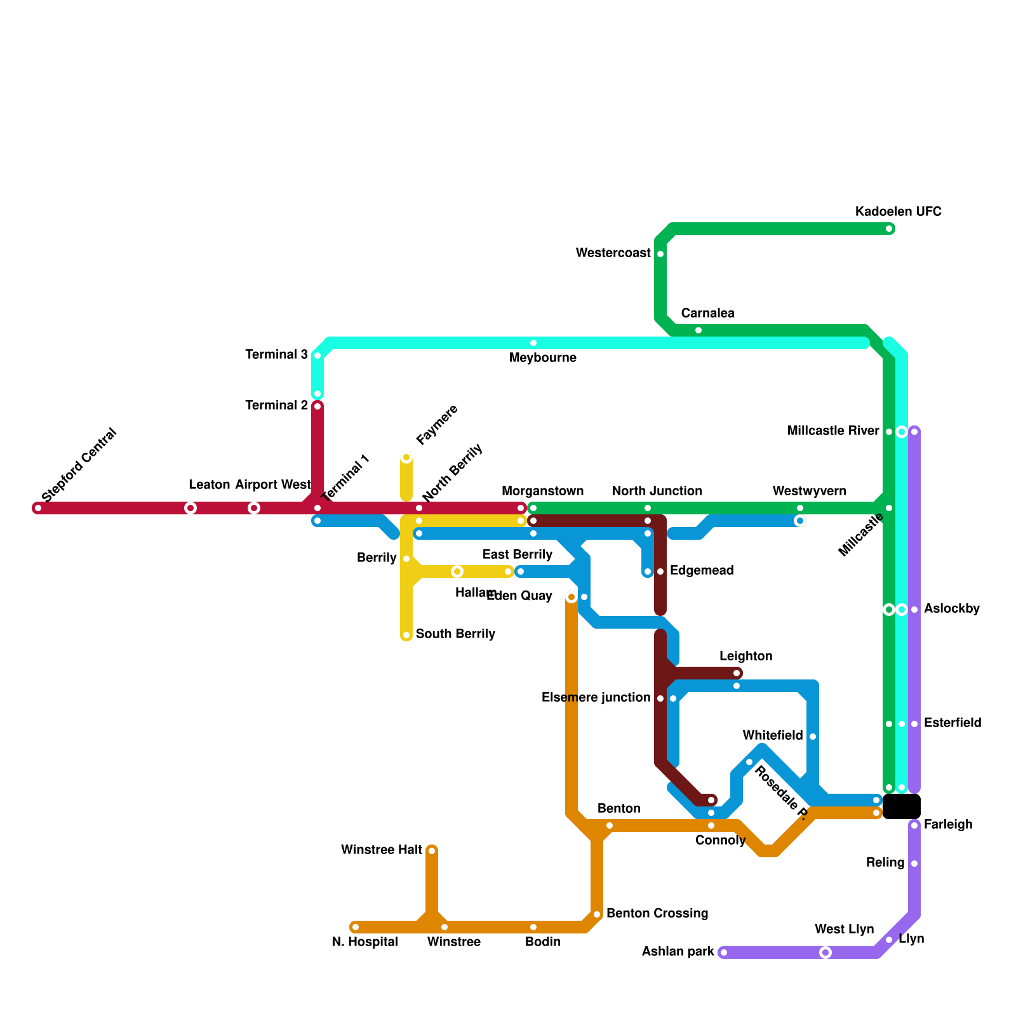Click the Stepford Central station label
click(x=79, y=465)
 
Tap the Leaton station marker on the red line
click(x=190, y=508)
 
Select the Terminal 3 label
click(x=276, y=354)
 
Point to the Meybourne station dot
click(x=533, y=343)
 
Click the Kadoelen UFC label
click(x=898, y=211)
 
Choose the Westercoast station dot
click(x=660, y=254)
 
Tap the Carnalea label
click(x=707, y=313)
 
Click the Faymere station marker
click(x=406, y=457)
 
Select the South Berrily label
click(x=455, y=634)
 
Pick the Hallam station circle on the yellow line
click(x=457, y=571)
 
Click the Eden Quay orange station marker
click(x=571, y=597)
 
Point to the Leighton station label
click(x=745, y=656)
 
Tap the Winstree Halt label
click(x=381, y=850)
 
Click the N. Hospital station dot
click(x=356, y=927)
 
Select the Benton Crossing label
click(x=657, y=913)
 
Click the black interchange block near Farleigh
click(x=902, y=806)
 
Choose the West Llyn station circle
click(x=825, y=952)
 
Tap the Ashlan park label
click(x=678, y=951)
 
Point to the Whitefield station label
click(x=773, y=735)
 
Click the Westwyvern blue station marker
click(x=800, y=521)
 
